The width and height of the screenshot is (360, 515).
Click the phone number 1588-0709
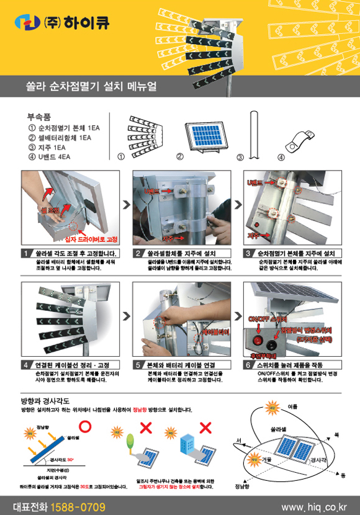point(78,506)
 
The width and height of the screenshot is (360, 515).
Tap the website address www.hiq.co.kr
point(313,507)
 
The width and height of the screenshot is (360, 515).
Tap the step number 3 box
point(248,254)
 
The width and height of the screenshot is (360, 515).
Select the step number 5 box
point(138,365)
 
